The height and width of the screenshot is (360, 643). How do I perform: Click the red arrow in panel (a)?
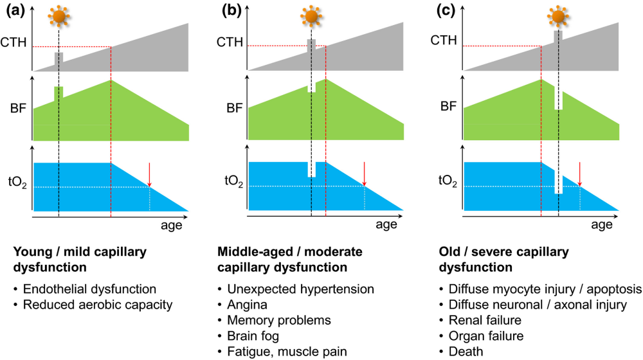150,175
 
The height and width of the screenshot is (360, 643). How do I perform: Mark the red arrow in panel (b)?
365,175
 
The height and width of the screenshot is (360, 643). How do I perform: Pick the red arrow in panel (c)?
580,175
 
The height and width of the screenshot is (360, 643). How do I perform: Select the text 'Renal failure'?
477,319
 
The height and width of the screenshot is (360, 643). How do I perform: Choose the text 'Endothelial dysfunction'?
89,289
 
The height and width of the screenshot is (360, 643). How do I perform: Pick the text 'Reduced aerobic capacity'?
97,304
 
